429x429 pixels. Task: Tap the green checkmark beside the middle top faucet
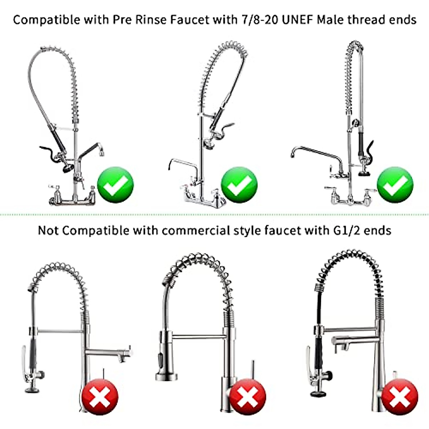(x=239, y=185)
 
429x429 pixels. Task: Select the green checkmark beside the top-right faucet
(x=395, y=185)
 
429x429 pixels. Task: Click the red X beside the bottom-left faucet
(x=100, y=398)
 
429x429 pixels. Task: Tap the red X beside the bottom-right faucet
(x=399, y=397)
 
